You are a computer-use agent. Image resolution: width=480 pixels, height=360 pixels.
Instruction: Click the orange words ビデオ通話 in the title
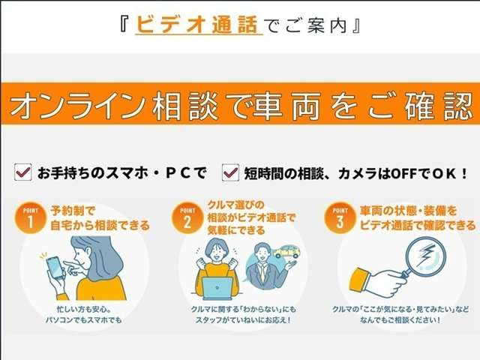coord(199,25)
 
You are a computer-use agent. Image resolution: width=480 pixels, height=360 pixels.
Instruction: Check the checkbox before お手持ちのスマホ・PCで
coord(22,173)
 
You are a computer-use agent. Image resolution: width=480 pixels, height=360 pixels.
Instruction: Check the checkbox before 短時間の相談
coord(230,173)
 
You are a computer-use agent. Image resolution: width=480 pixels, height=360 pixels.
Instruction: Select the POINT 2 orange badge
coord(185,217)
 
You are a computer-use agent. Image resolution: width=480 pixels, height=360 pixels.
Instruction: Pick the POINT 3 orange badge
coord(337,217)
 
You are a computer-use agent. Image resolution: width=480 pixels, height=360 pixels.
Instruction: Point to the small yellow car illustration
coord(286,251)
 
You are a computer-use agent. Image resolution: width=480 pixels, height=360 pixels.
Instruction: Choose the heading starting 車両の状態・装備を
coord(418,217)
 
